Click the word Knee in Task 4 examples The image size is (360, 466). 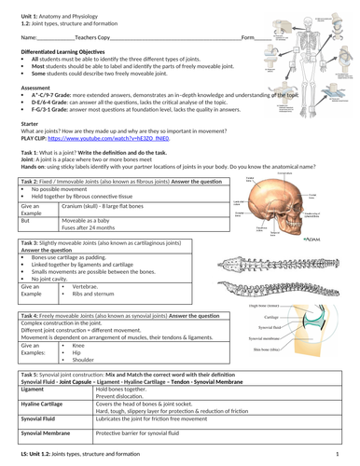[x=79, y=345]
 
